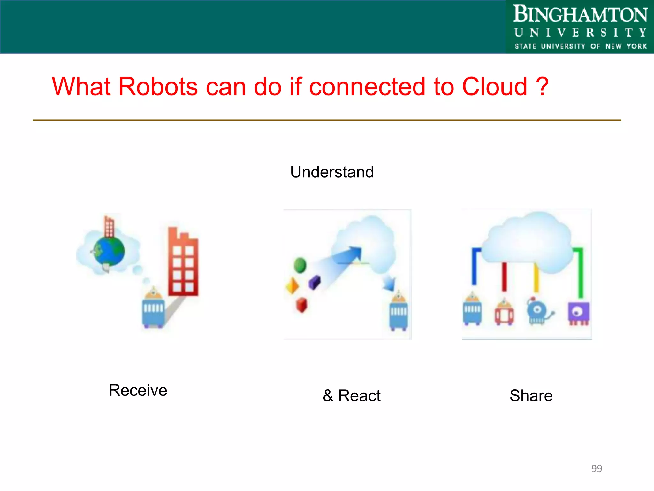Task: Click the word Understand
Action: pyautogui.click(x=332, y=172)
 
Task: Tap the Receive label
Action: pyautogui.click(x=138, y=390)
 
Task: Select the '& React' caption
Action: pyautogui.click(x=352, y=395)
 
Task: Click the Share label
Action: pyautogui.click(x=531, y=395)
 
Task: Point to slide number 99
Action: pyautogui.click(x=597, y=468)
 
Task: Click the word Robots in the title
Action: pyautogui.click(x=158, y=87)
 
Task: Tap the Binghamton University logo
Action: pyautogui.click(x=580, y=27)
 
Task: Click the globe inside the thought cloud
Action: pyautogui.click(x=109, y=251)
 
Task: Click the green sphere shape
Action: pyautogui.click(x=300, y=265)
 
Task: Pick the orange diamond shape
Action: pyautogui.click(x=292, y=285)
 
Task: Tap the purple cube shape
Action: pyautogui.click(x=315, y=282)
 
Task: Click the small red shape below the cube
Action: pyautogui.click(x=301, y=305)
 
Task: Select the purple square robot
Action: pyautogui.click(x=578, y=313)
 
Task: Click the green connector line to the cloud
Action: pyautogui.click(x=581, y=272)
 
